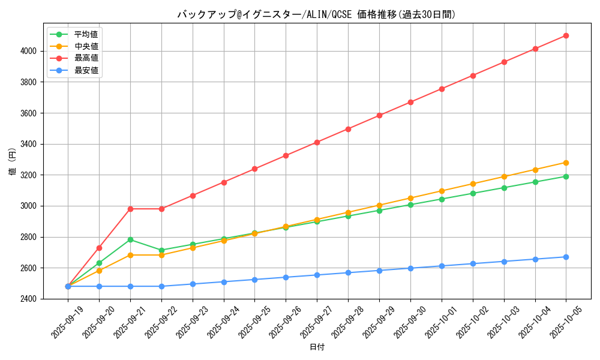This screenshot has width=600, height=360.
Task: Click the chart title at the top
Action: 317,14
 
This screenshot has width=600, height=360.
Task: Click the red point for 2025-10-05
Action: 566,35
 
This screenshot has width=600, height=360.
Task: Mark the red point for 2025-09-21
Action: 130,209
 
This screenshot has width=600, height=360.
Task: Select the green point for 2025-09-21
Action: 130,239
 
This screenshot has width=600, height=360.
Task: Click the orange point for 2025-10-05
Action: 566,163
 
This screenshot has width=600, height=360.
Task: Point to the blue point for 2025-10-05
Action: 566,257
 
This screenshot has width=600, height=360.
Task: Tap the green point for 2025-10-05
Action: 566,176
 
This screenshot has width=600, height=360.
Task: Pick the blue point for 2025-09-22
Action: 161,286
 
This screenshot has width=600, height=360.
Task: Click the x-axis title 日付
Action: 317,347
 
